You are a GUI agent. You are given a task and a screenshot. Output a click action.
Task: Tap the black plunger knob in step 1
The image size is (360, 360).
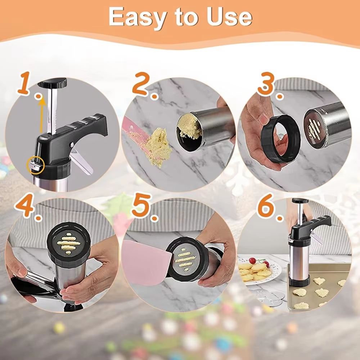click(x=52, y=83)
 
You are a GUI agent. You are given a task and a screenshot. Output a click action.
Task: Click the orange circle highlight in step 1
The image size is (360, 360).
click(x=36, y=165)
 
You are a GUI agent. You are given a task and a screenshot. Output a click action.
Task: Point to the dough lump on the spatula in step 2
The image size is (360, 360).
click(x=159, y=147)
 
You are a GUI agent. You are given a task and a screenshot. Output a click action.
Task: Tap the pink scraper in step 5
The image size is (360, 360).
click(x=147, y=262)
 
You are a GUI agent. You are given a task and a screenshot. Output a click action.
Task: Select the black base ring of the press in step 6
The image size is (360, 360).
click(x=300, y=280)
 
